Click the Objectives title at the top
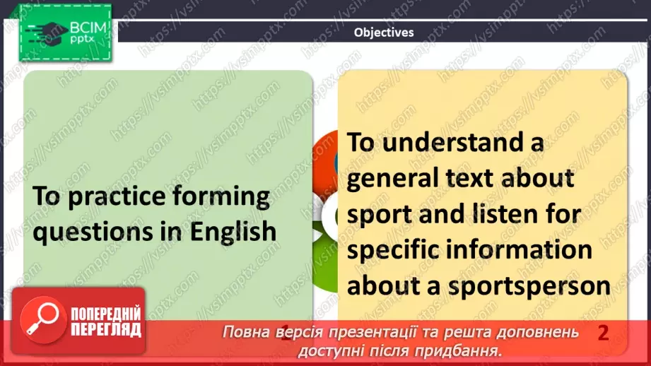pos(384,32)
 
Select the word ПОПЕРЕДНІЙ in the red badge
pos(106,314)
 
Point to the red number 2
pos(603,333)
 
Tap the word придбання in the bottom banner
pos(467,350)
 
